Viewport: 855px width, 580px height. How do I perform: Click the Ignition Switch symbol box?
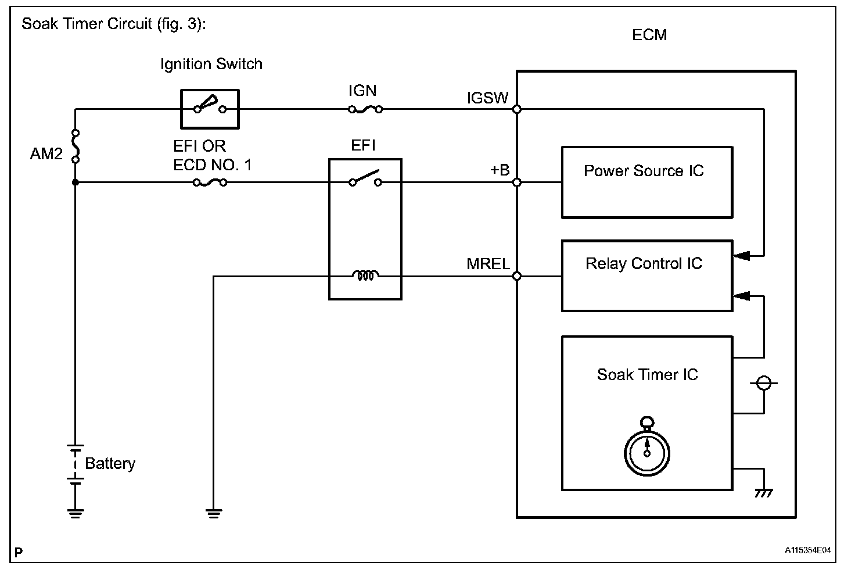(210, 109)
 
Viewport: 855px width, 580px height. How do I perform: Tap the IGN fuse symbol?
(365, 109)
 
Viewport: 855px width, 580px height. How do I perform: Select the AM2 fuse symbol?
(75, 146)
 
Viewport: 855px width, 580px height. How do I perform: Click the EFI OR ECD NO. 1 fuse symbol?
(210, 182)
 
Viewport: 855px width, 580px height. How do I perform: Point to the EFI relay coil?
(365, 276)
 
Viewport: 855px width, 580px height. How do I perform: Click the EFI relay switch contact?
(365, 179)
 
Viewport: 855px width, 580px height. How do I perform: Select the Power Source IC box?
(646, 182)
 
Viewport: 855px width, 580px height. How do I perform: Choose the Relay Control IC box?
(646, 275)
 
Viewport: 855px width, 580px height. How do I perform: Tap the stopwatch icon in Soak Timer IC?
(647, 448)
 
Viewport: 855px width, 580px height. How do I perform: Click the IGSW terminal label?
(487, 98)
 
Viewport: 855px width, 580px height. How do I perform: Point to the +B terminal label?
(500, 170)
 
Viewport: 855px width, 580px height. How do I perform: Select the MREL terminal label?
(488, 264)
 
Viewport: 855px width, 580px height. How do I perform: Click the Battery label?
(110, 463)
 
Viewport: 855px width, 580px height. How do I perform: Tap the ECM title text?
(649, 35)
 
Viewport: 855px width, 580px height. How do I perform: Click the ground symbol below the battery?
(75, 513)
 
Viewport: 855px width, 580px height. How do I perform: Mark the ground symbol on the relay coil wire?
(214, 513)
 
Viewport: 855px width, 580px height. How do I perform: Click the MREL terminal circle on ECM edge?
(517, 276)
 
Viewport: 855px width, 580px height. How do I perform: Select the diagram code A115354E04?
(808, 550)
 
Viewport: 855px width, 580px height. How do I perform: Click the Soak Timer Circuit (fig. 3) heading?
(114, 25)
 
